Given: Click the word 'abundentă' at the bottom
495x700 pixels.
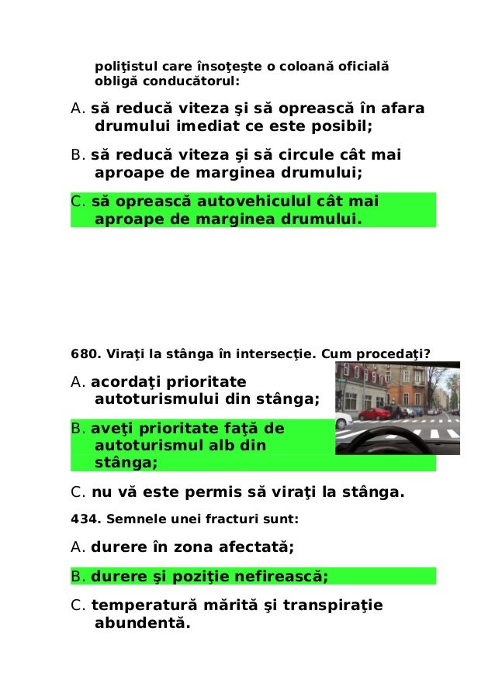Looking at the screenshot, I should (x=140, y=622).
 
